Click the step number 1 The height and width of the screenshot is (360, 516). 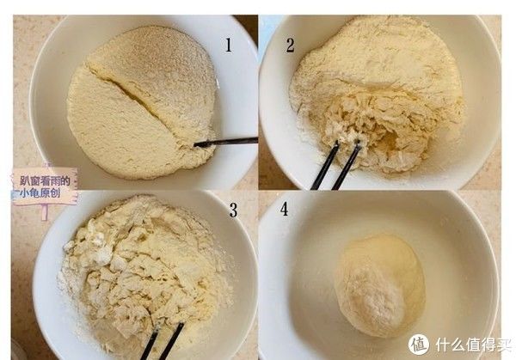pos(228,45)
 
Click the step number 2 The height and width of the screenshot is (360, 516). pos(290,45)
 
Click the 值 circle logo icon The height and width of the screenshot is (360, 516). pos(419,344)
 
